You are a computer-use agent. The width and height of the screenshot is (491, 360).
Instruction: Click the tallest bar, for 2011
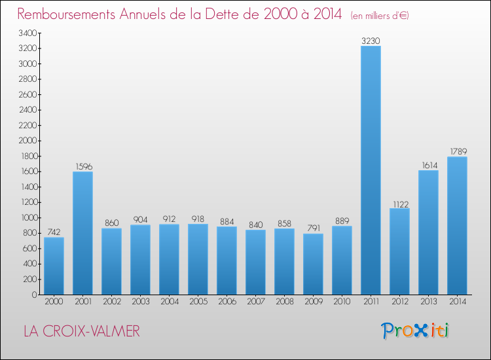[x=371, y=170]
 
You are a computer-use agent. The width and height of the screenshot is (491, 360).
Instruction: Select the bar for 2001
[x=82, y=233]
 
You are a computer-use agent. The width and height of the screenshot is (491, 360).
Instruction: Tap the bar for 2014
[x=457, y=226]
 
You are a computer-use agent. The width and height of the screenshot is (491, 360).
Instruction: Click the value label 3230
[x=371, y=41]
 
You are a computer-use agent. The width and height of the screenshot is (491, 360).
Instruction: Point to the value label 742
[x=54, y=232]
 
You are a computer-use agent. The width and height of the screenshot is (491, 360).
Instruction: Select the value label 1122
[x=399, y=203]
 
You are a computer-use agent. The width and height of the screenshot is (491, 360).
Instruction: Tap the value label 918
[x=198, y=219]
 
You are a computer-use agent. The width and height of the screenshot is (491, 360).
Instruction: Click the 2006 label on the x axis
[x=227, y=302]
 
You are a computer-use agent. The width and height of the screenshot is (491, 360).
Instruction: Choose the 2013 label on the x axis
[x=428, y=302]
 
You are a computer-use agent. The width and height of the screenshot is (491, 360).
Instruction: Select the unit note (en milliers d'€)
[x=380, y=15]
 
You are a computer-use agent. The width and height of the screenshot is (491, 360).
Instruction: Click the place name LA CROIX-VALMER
[x=81, y=331]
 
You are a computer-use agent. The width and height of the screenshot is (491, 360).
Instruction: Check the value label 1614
[x=428, y=165]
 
